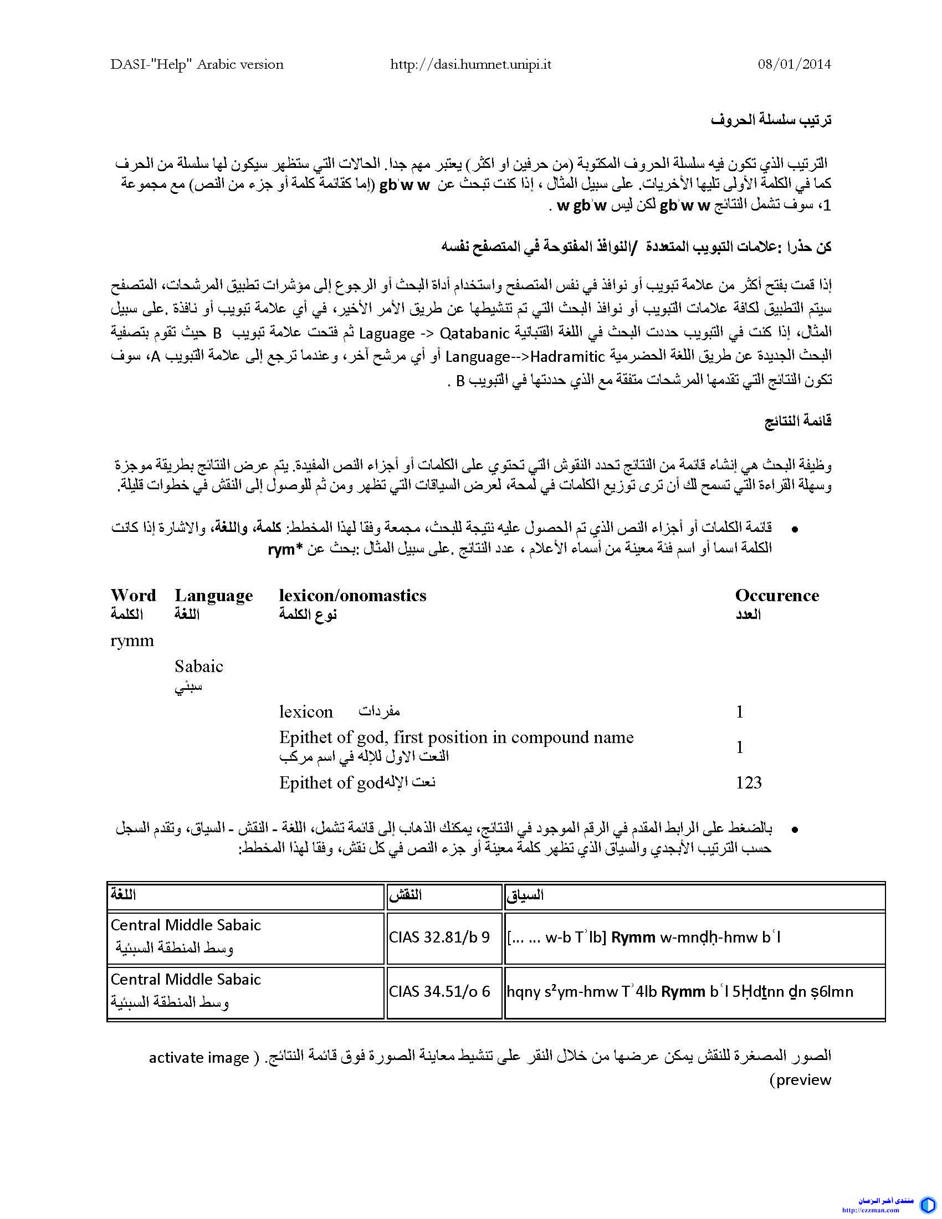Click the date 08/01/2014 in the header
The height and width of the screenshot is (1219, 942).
pyautogui.click(x=794, y=64)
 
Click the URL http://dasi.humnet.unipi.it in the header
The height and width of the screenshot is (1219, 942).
pyautogui.click(x=470, y=64)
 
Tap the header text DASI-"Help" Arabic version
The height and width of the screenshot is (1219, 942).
pyautogui.click(x=197, y=64)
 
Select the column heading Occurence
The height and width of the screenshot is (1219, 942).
pyautogui.click(x=777, y=595)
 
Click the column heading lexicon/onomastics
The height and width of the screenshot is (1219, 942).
pyautogui.click(x=352, y=595)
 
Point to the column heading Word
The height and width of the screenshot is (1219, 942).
pyautogui.click(x=133, y=595)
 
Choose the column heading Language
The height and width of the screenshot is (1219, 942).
pyautogui.click(x=214, y=596)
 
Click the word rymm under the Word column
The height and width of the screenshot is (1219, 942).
pyautogui.click(x=132, y=641)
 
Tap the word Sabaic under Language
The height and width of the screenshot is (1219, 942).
pyautogui.click(x=199, y=666)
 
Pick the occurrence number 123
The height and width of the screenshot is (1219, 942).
pyautogui.click(x=749, y=782)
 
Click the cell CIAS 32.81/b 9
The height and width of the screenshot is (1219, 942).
pyautogui.click(x=439, y=937)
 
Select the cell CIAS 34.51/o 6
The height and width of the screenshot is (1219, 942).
pyautogui.click(x=439, y=991)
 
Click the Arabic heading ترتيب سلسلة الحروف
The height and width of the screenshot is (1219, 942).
pyautogui.click(x=771, y=119)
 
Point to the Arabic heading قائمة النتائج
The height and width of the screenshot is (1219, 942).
pyautogui.click(x=797, y=421)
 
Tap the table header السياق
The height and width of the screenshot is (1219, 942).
pyautogui.click(x=525, y=896)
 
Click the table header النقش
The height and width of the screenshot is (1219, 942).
pyautogui.click(x=405, y=896)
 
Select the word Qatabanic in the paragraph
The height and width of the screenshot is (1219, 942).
pyautogui.click(x=475, y=333)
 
